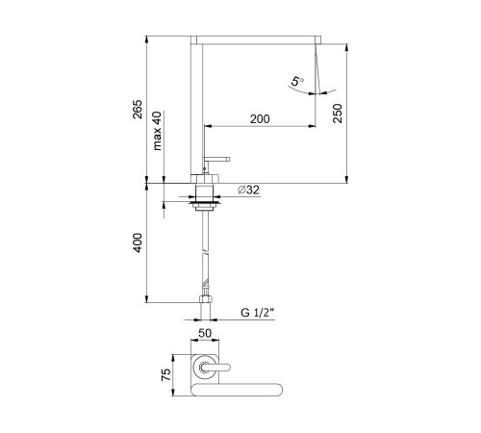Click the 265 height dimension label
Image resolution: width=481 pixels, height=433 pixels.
coord(138,110)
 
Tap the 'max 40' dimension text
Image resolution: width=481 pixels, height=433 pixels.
coord(157,131)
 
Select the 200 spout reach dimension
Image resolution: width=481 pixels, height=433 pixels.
coord(260,119)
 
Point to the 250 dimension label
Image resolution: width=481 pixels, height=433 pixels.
coord(338,114)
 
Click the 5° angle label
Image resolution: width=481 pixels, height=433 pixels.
coord(297,81)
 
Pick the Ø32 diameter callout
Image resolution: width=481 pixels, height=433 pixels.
coord(248,190)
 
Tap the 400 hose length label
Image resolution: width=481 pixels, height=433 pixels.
coord(138,242)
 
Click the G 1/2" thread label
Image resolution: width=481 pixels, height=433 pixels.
coord(258,313)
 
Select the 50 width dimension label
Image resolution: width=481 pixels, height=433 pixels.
coord(205,333)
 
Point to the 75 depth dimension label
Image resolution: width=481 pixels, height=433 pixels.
coord(165,374)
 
